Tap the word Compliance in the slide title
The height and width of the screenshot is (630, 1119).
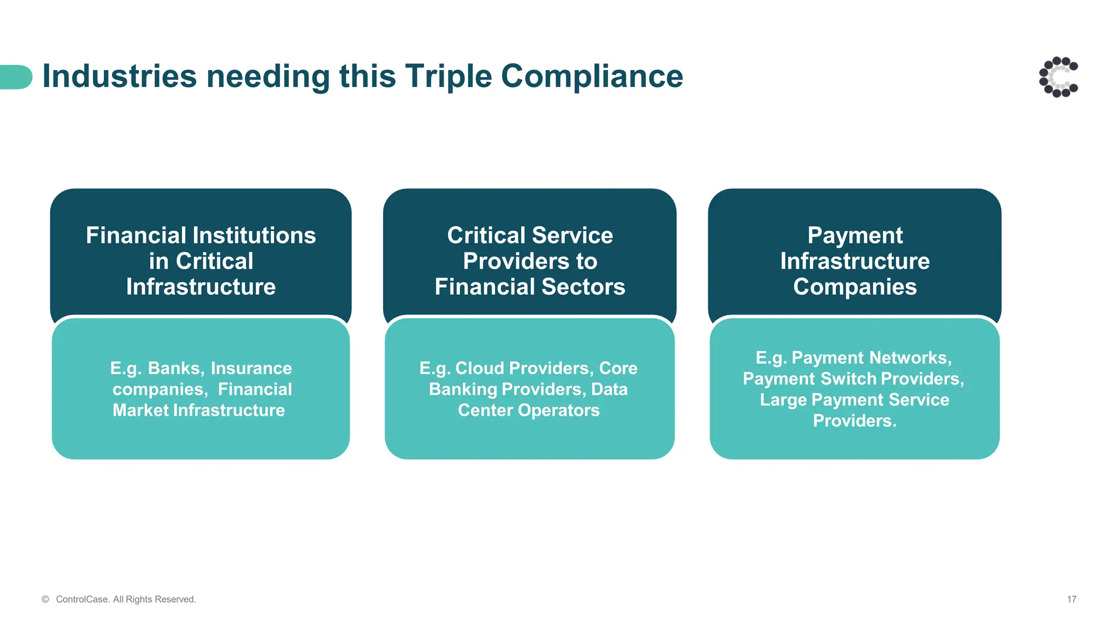(x=592, y=76)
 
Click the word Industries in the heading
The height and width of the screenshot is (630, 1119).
(x=119, y=76)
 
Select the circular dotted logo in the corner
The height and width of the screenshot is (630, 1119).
(x=1058, y=77)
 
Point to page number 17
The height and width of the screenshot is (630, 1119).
(x=1071, y=599)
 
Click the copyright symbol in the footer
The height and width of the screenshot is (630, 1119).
(x=45, y=599)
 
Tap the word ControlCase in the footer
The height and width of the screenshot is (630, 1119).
(x=82, y=599)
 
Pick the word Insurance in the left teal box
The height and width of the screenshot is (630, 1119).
(x=251, y=368)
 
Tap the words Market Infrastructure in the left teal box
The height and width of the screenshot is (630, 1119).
(x=199, y=410)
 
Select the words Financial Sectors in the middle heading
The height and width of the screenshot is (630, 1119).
(x=529, y=287)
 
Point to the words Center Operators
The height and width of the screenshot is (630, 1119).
(x=528, y=410)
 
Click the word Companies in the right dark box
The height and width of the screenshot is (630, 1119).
(x=855, y=287)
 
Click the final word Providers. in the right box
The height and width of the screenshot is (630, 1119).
(x=855, y=421)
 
